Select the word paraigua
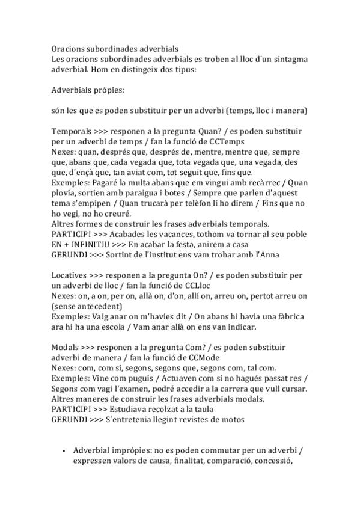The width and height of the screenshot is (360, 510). click(156, 194)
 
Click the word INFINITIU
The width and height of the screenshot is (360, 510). click(84, 245)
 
